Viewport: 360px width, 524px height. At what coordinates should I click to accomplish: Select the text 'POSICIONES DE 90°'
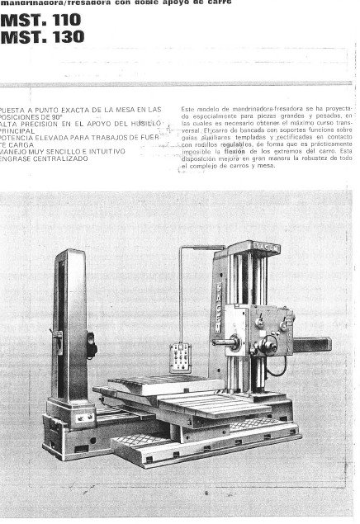point(33,116)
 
